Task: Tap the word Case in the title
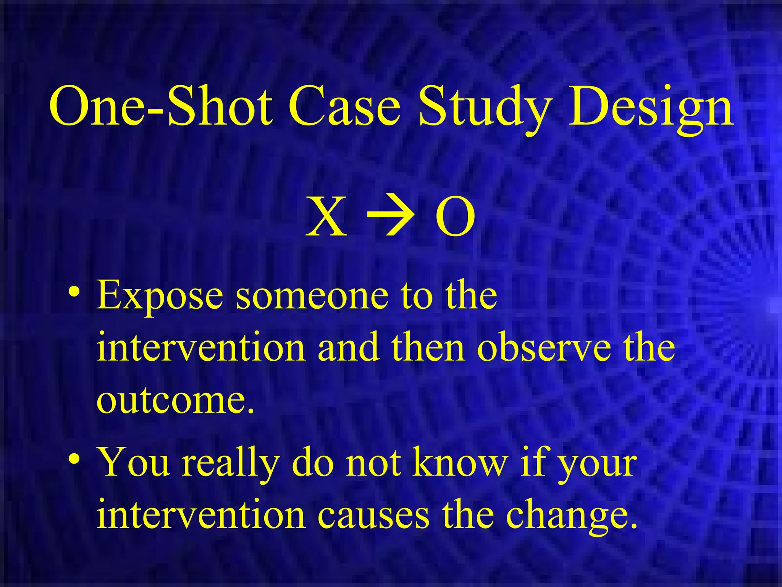pos(344,106)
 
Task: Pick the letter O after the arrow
pos(455,217)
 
